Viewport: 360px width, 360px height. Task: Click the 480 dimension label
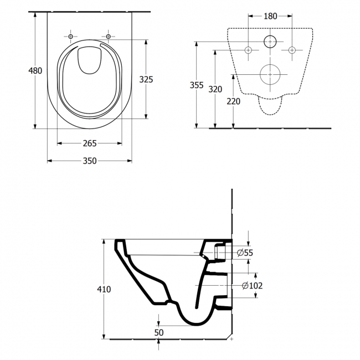[35, 70]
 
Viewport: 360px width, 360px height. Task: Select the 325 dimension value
[146, 79]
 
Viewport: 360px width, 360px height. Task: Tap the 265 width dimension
[90, 143]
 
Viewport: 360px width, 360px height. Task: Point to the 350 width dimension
[90, 161]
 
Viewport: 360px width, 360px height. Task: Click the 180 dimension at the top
[270, 16]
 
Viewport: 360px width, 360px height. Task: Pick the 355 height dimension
[197, 85]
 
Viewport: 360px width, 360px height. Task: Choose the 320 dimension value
[215, 90]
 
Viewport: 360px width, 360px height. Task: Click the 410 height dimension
[104, 289]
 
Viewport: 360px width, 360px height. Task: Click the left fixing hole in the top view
[70, 37]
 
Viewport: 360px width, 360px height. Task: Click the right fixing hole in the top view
[109, 37]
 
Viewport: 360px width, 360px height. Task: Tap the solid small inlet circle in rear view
[270, 41]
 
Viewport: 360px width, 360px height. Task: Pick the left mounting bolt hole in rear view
[248, 50]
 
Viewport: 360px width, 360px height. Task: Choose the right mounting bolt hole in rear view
[292, 50]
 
